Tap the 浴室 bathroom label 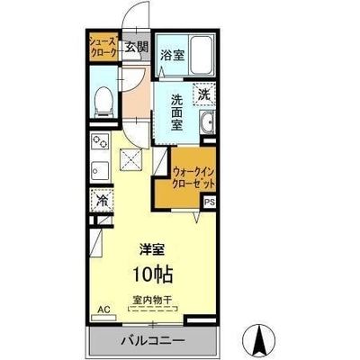tap(172, 55)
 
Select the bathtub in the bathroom tap(202, 56)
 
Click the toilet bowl tap(103, 100)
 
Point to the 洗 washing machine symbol tap(204, 94)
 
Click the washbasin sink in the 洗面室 tap(207, 123)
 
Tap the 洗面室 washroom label tap(176, 112)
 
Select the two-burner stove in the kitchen tap(100, 141)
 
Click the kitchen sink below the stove tap(100, 170)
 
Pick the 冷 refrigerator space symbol tap(102, 201)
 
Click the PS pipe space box tap(210, 202)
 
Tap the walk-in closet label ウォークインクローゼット tap(193, 178)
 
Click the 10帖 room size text tap(153, 274)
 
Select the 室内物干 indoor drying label tap(152, 300)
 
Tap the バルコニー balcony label tap(153, 340)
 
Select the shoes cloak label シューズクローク tap(103, 47)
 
